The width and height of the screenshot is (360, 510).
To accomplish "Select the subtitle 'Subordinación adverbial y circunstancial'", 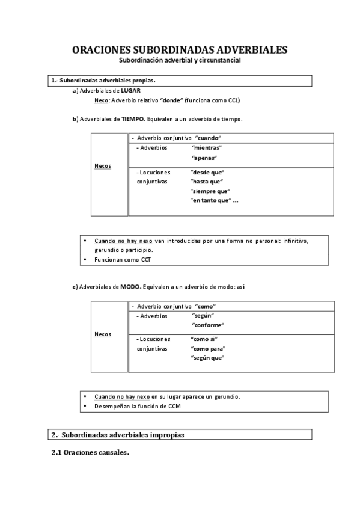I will coord(179,61).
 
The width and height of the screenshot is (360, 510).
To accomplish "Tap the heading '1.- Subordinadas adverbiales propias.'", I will coord(103,80).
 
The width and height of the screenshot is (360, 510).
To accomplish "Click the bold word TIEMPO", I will coord(133,119).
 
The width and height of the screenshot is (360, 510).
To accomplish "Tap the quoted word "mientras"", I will coord(207,147).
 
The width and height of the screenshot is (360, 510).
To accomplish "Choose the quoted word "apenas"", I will coord(204,158).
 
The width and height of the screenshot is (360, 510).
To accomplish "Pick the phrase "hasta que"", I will coord(206,181).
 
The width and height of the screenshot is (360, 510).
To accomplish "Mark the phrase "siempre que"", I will coord(209,191).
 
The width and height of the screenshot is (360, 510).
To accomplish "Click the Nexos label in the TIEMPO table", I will coord(103,165).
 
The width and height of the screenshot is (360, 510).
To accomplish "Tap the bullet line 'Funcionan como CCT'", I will coord(123,260).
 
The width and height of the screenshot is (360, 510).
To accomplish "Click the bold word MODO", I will coord(130,287).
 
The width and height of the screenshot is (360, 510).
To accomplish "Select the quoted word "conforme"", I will coord(207,325).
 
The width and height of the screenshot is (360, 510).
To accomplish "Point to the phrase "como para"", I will coord(207,348).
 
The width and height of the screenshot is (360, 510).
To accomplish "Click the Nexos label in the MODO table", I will coord(103,334).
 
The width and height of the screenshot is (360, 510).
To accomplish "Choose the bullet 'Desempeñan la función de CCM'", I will coord(138,406).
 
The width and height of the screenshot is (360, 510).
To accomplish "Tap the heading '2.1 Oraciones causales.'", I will coord(90,453).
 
